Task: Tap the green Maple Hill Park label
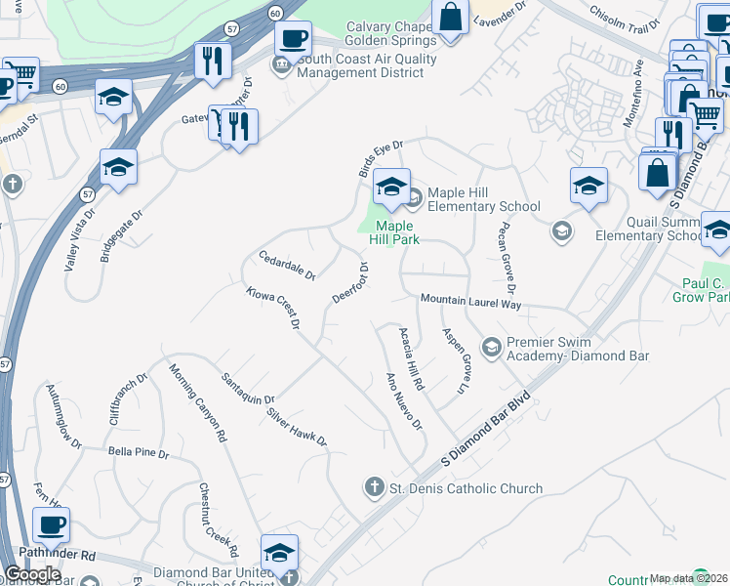[398, 232]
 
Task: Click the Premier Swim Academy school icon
[491, 347]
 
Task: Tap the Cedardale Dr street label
[287, 265]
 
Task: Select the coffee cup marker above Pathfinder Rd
[51, 524]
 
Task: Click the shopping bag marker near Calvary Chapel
[450, 17]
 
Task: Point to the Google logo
[32, 574]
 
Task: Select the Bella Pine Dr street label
[139, 453]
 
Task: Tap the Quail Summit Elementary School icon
[561, 230]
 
